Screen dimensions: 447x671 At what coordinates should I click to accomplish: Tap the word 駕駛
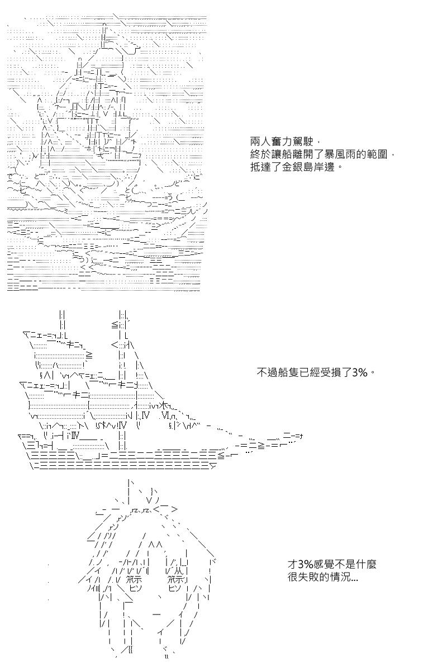pyautogui.click(x=303, y=141)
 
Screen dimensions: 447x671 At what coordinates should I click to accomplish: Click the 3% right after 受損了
pyautogui.click(x=359, y=372)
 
